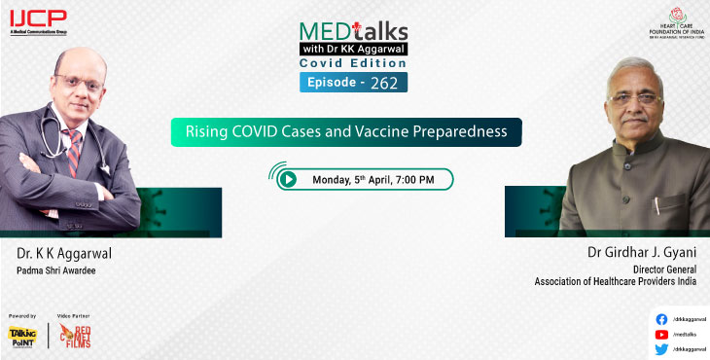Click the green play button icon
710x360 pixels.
(x=288, y=179)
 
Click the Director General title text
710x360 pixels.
(x=666, y=268)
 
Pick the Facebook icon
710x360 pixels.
(x=662, y=318)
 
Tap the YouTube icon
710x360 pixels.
(x=662, y=333)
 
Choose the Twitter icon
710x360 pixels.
(x=662, y=348)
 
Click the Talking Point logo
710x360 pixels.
(x=22, y=337)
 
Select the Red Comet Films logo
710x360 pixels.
(x=76, y=337)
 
